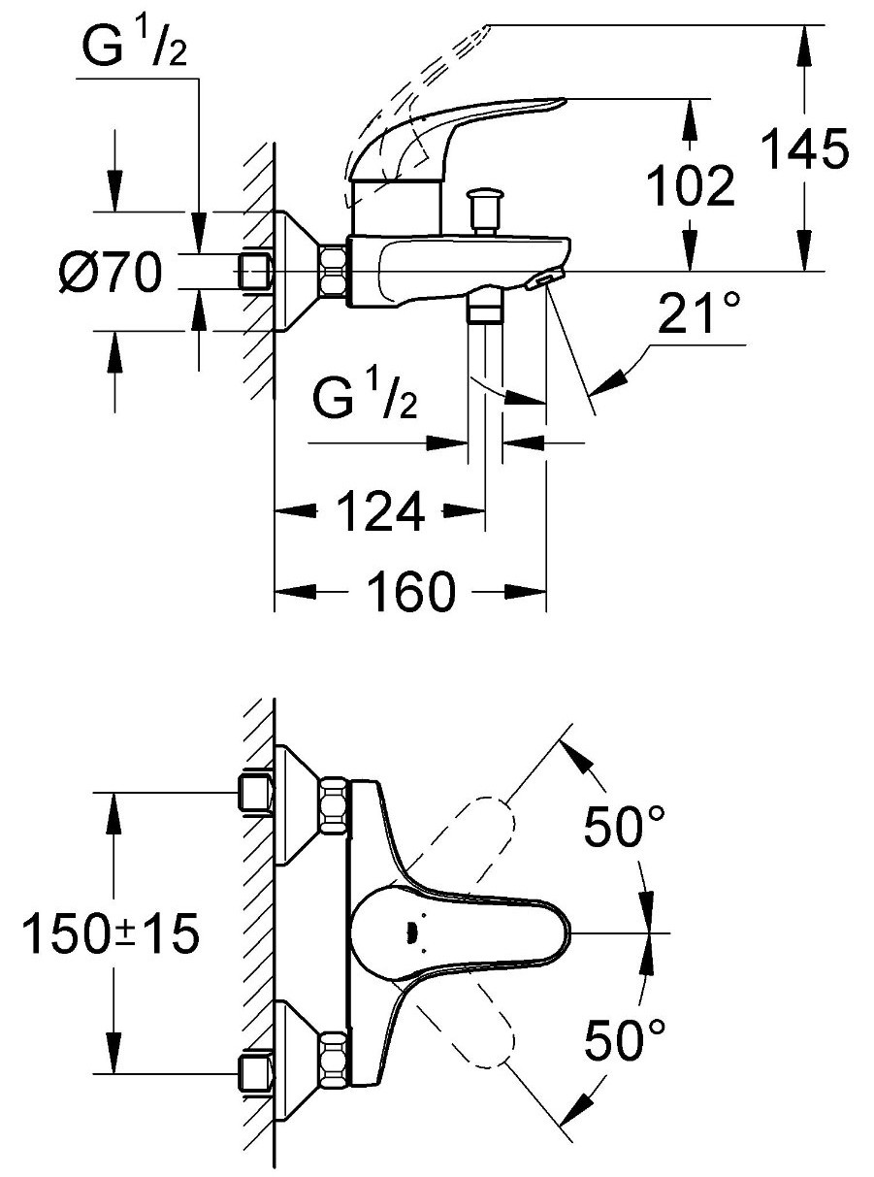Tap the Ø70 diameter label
tap(109, 275)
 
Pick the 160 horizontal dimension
tap(411, 591)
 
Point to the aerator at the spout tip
tap(541, 281)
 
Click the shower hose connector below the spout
tap(484, 310)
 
